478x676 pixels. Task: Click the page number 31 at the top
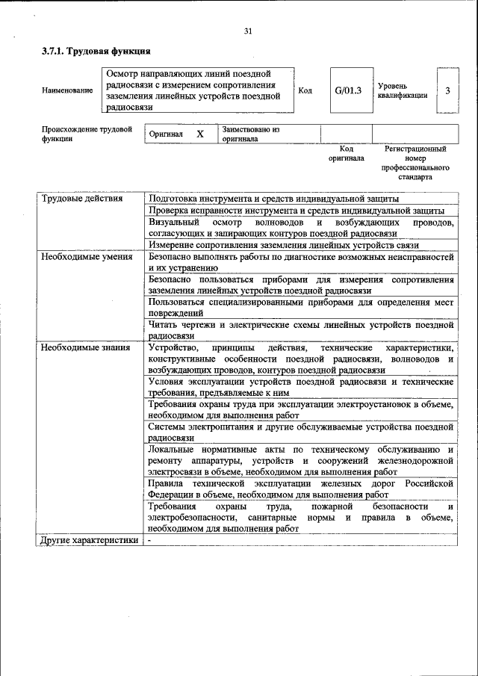(x=247, y=31)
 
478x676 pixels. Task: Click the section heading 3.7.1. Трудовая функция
(x=96, y=52)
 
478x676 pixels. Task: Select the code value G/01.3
(x=348, y=90)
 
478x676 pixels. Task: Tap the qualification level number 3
(x=447, y=90)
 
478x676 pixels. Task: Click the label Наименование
(x=68, y=90)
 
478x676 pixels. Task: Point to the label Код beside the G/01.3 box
(x=305, y=90)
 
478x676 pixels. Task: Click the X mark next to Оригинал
(x=200, y=134)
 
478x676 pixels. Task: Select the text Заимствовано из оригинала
(x=249, y=134)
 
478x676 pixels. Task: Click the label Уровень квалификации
(x=402, y=90)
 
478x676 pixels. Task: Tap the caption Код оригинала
(x=346, y=153)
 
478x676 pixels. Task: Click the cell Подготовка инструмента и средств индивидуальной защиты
(x=273, y=199)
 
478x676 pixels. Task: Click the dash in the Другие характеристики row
(x=150, y=540)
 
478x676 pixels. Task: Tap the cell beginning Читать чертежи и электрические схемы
(x=300, y=330)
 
